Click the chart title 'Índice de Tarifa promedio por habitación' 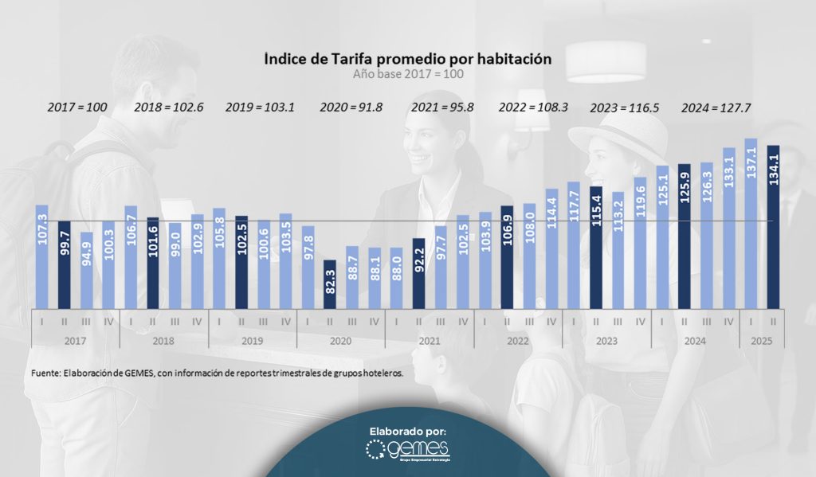[x=407, y=59]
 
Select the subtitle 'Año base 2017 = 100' [x=407, y=73]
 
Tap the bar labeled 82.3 [x=330, y=283]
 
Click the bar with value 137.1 [x=750, y=223]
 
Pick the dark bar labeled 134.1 [x=772, y=226]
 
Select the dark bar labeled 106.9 [x=507, y=256]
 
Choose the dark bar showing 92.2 [x=418, y=272]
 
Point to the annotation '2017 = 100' [x=77, y=107]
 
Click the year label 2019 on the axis [x=252, y=340]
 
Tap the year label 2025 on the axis [x=761, y=340]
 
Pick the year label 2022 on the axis [x=518, y=340]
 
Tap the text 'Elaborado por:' [x=407, y=431]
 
